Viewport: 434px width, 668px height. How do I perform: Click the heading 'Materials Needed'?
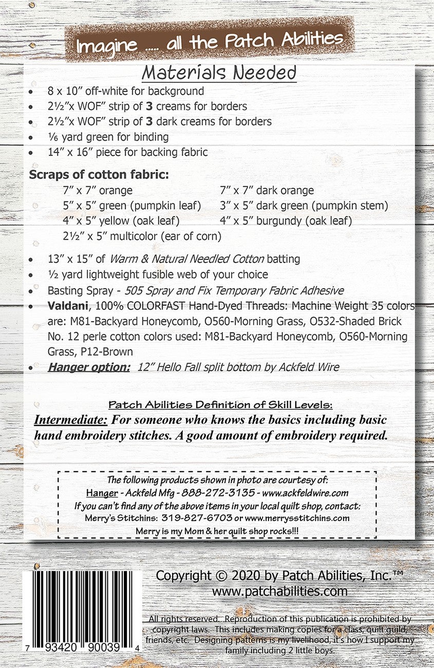pyautogui.click(x=219, y=73)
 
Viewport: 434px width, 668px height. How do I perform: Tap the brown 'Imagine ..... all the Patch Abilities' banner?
pyautogui.click(x=210, y=41)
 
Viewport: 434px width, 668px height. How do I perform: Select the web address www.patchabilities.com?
pyautogui.click(x=279, y=591)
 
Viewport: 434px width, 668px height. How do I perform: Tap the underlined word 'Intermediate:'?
pyautogui.click(x=71, y=420)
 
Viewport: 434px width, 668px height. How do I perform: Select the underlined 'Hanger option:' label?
pyautogui.click(x=89, y=367)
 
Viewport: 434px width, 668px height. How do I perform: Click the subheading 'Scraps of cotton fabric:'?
pyautogui.click(x=99, y=175)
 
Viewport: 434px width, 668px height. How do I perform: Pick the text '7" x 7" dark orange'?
pyautogui.click(x=267, y=191)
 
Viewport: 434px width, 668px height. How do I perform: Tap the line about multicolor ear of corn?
pyautogui.click(x=142, y=237)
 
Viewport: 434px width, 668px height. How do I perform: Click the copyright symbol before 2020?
pyautogui.click(x=221, y=576)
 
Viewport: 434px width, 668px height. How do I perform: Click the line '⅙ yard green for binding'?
pyautogui.click(x=108, y=137)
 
